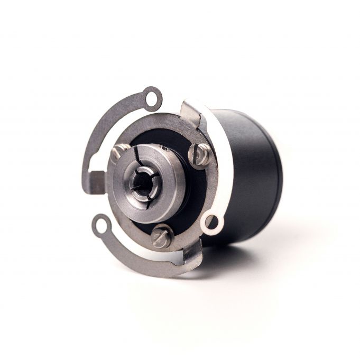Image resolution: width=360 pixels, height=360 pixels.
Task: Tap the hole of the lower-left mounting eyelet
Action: click(x=100, y=226)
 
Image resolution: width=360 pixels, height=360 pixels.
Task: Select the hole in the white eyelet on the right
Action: click(x=211, y=221)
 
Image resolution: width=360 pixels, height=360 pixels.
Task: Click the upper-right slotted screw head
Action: click(x=200, y=155)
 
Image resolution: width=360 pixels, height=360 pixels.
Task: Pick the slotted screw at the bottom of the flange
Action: click(x=162, y=236)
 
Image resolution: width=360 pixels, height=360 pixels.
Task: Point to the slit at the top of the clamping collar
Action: click(x=139, y=153)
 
